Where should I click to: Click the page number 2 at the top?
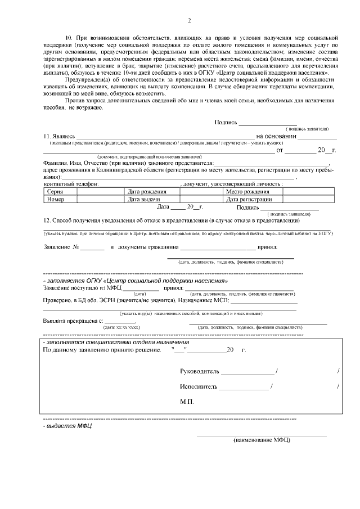coord(189,21)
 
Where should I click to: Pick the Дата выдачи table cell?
coord(145,199)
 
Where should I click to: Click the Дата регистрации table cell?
coord(249,199)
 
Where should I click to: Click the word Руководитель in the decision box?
coord(200,371)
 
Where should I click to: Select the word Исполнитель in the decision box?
coord(199,386)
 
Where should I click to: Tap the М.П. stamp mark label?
coord(187,402)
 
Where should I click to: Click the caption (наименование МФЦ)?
coord(262,440)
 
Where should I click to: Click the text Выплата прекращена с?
coord(73,321)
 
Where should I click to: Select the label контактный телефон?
coord(71,184)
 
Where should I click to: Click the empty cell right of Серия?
coord(101,192)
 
